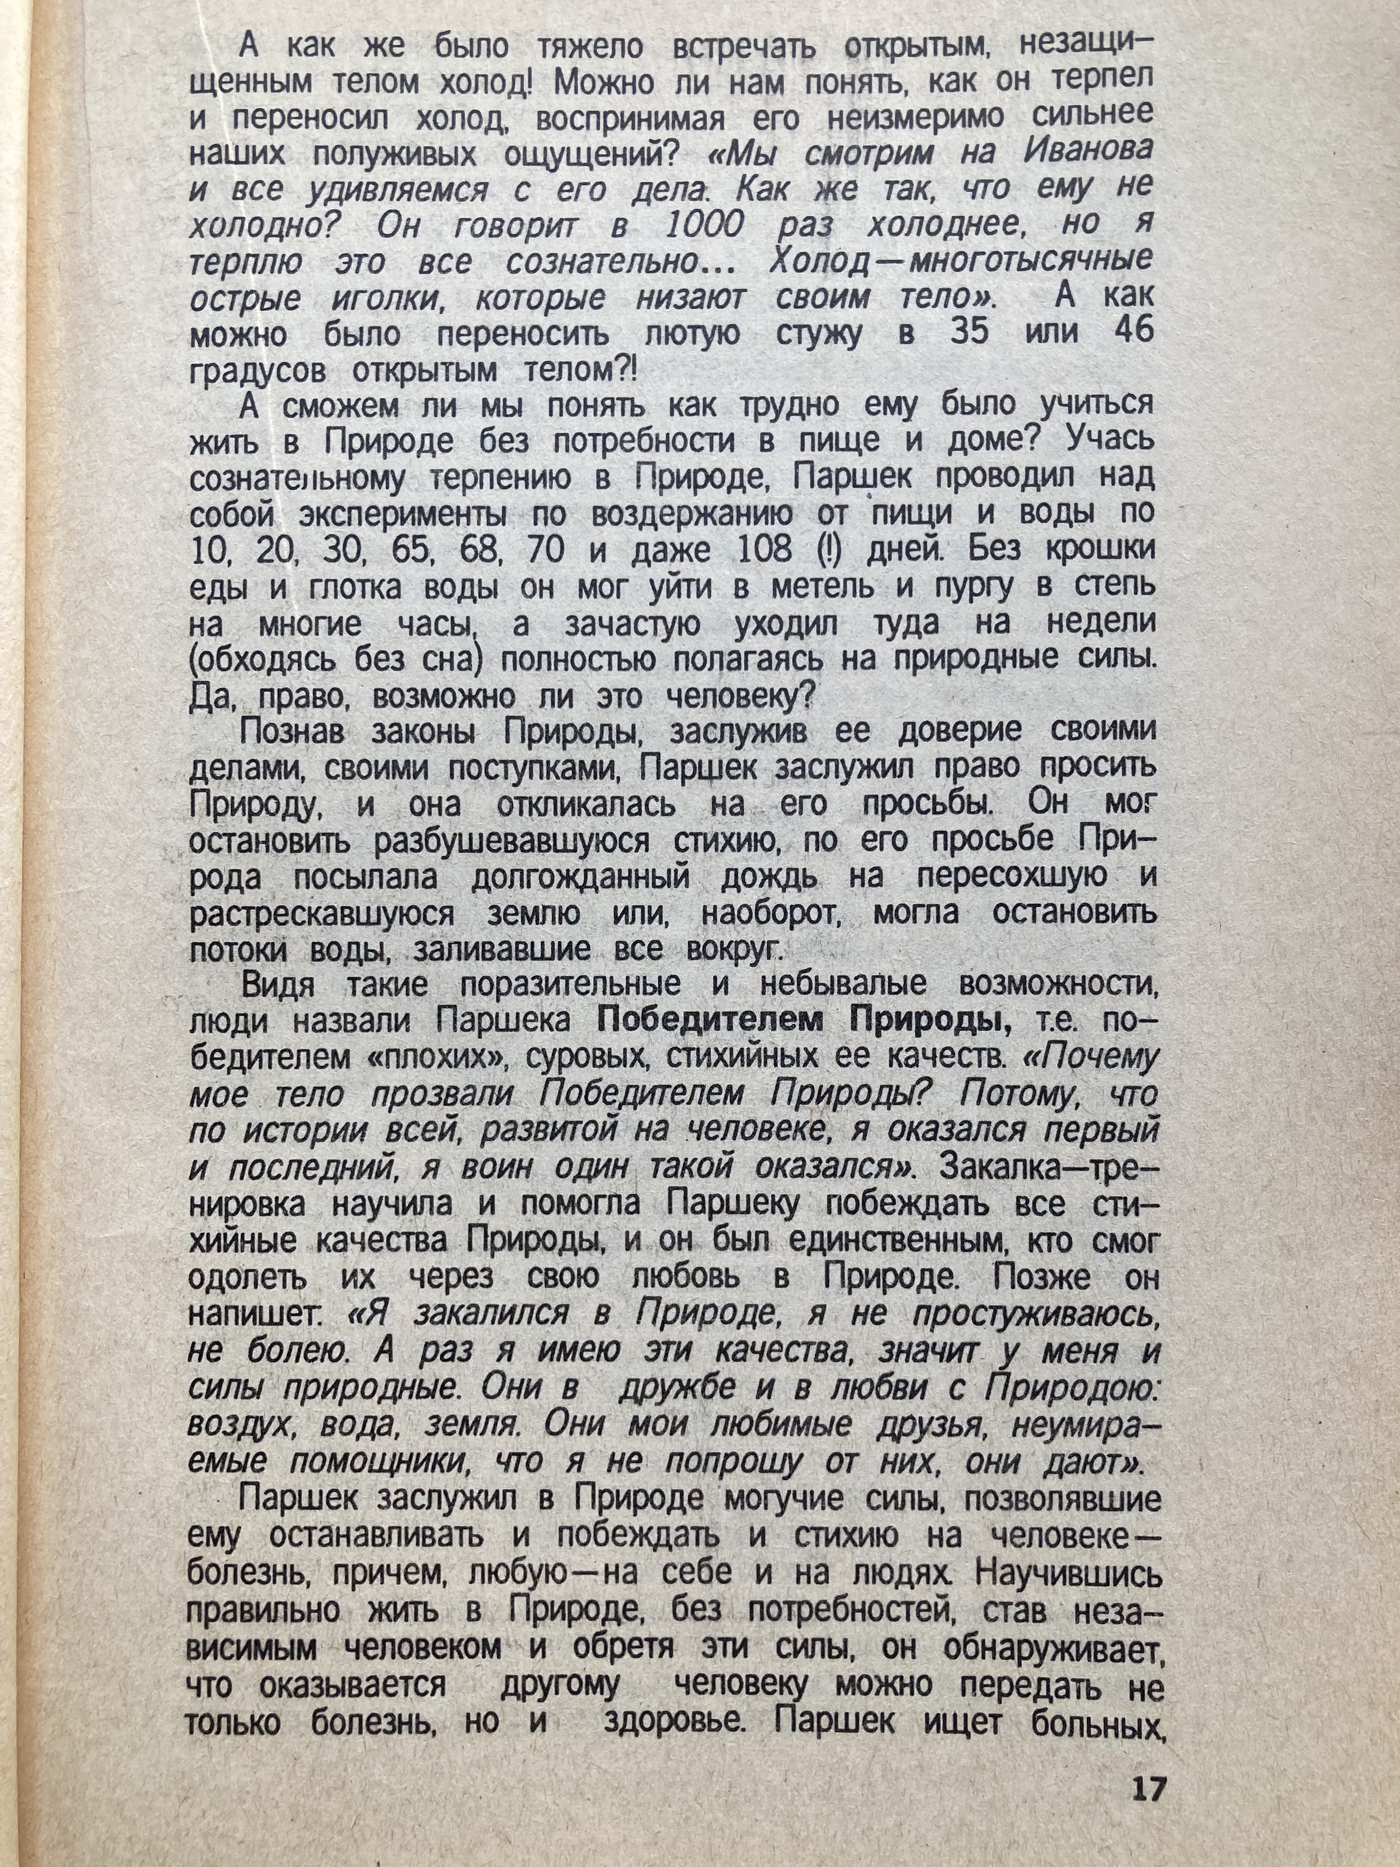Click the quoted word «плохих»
point(431,1058)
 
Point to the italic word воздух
point(242,1425)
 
